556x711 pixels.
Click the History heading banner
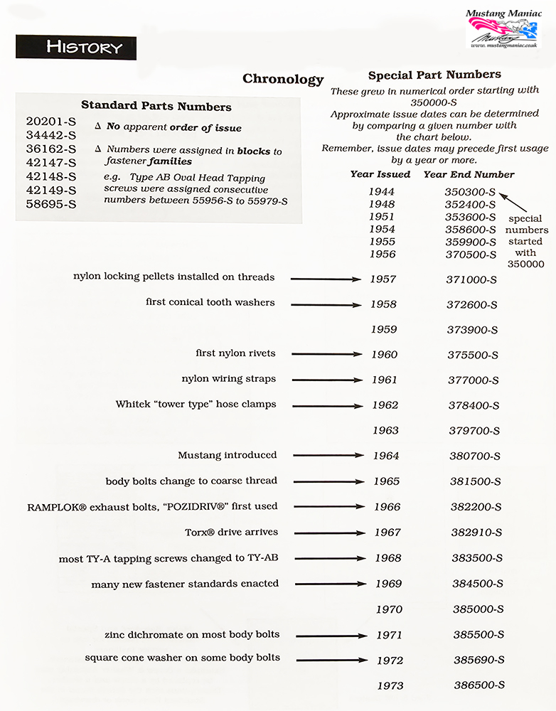[x=76, y=48]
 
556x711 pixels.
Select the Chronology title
[x=283, y=79]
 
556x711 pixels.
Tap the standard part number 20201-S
[x=50, y=122]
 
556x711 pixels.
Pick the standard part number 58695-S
[x=50, y=204]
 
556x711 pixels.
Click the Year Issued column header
[x=380, y=174]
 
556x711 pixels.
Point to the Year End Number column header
[x=469, y=174]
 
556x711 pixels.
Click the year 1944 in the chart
[x=381, y=192]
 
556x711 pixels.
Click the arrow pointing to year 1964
[x=328, y=455]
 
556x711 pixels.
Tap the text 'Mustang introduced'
[x=228, y=455]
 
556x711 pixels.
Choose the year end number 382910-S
[x=476, y=533]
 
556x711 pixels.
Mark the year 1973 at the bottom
[x=390, y=685]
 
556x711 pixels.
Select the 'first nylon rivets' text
[x=235, y=353]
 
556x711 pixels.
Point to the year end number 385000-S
[x=478, y=609]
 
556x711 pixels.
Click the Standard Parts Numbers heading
[x=156, y=107]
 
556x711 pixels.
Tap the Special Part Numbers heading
[x=434, y=75]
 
